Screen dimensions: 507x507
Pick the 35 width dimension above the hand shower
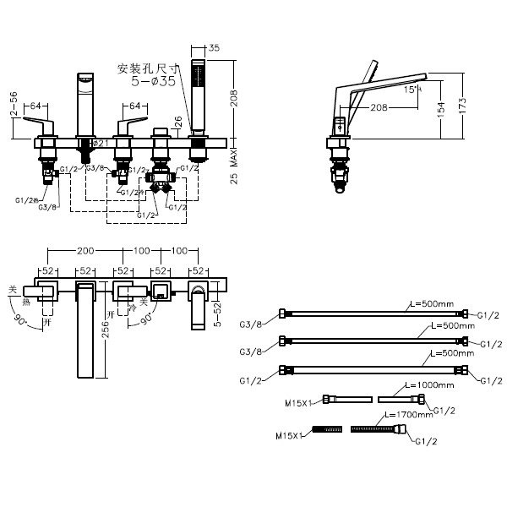click(213, 49)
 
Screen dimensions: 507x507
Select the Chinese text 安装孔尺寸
click(150, 68)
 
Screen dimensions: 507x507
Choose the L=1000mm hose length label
click(429, 384)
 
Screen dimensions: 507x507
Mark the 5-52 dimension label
click(219, 313)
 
